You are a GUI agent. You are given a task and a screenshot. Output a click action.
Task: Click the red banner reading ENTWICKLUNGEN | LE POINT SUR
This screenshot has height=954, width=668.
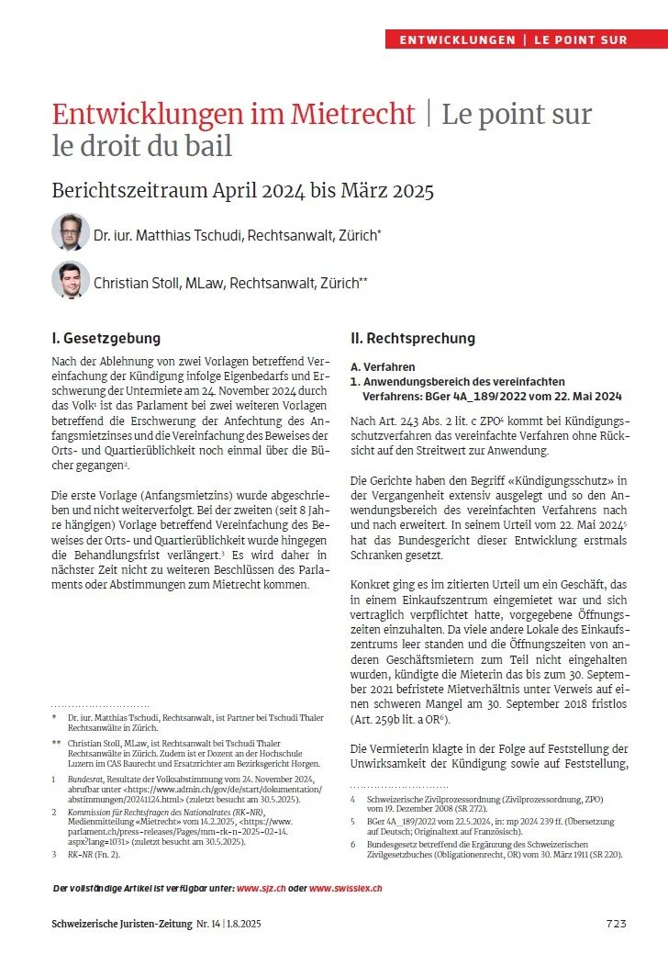[x=526, y=39]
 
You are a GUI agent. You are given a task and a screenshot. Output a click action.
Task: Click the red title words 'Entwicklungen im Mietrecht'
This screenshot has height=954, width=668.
[x=233, y=115]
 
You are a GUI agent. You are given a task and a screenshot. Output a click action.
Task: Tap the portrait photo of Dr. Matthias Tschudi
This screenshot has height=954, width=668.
[x=71, y=233]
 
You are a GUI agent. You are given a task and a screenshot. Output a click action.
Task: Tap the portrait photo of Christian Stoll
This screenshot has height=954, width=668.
[x=71, y=281]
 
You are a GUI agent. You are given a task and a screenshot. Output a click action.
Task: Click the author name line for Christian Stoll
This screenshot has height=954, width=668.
[x=230, y=284]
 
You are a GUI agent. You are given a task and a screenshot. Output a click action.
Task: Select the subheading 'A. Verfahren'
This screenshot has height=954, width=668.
[x=382, y=365]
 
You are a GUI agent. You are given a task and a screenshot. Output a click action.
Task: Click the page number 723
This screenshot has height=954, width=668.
[x=617, y=923]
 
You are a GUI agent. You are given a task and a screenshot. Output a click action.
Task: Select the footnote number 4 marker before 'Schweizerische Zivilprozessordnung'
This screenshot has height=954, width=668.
[x=354, y=799]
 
